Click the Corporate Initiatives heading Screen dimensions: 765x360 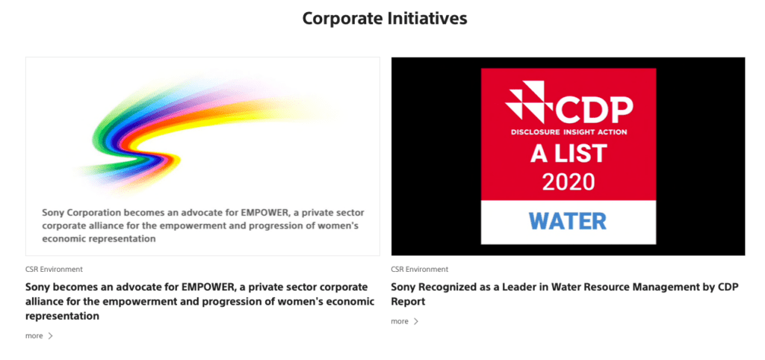coord(385,19)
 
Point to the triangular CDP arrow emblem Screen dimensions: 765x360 coord(530,102)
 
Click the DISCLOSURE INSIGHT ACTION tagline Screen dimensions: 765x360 coord(569,132)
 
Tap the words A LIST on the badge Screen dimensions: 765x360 coord(569,153)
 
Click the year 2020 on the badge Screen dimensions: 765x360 coord(569,182)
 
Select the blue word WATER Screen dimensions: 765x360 coord(568,221)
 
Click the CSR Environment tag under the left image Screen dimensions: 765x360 coord(54,270)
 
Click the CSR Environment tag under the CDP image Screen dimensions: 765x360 coord(420,270)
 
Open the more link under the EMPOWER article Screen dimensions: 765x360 coord(34,336)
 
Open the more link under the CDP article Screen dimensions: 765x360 coord(400,321)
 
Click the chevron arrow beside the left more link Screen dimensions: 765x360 coord(50,336)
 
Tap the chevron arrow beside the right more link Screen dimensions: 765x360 coord(415,321)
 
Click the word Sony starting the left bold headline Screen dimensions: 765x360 coord(37,286)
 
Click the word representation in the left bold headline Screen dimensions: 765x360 coord(63,316)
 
